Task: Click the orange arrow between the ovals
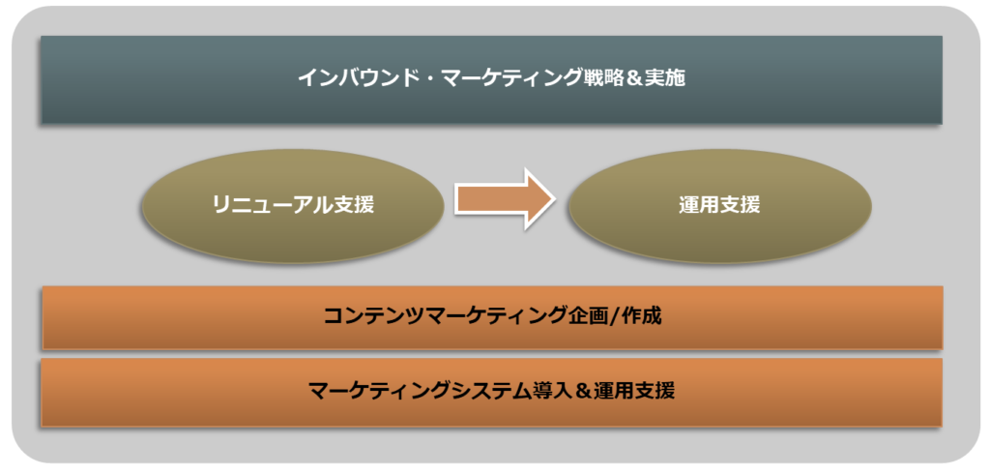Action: tap(505, 199)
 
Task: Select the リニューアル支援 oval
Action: tap(293, 206)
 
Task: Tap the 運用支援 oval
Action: tap(719, 206)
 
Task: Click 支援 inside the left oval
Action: tap(354, 205)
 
